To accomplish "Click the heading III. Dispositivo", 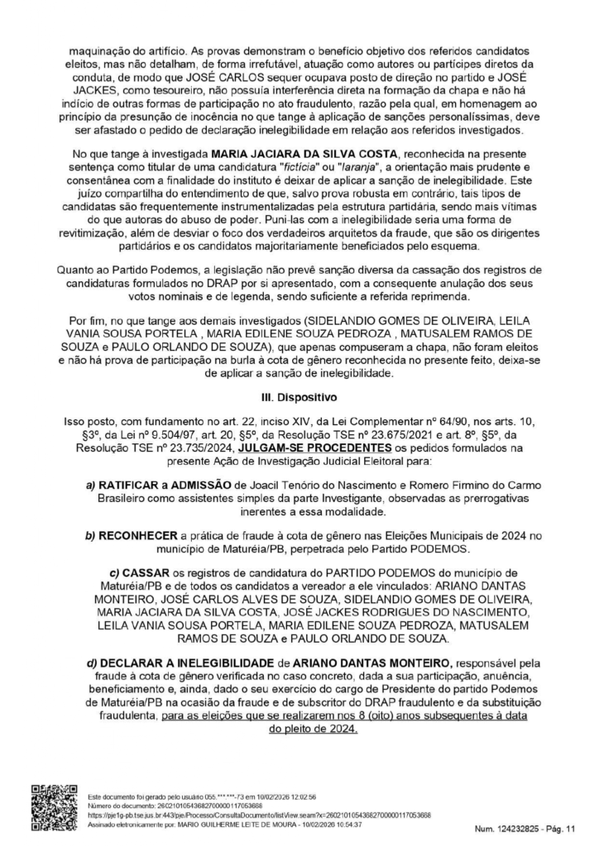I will point(299,396).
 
